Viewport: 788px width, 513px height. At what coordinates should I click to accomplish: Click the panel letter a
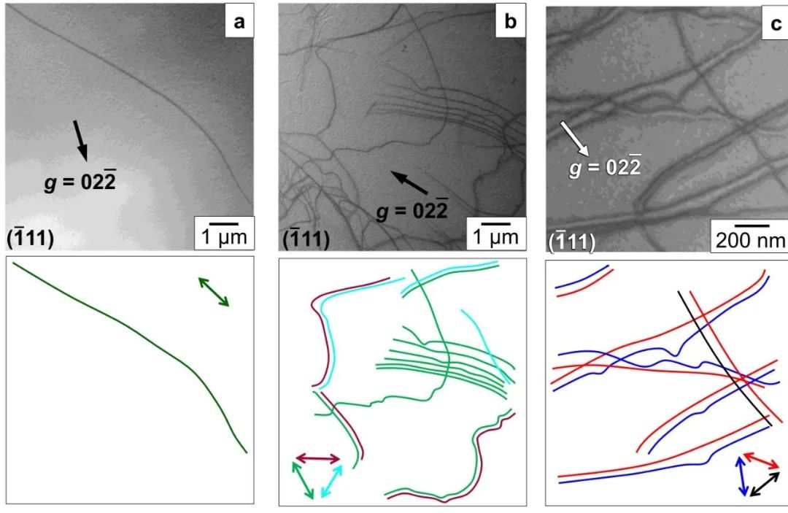click(x=239, y=23)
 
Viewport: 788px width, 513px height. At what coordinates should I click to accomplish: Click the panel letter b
click(x=510, y=23)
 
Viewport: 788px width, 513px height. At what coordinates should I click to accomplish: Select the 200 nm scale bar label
click(x=748, y=241)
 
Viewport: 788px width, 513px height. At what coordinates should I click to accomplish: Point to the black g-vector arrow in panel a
click(x=81, y=139)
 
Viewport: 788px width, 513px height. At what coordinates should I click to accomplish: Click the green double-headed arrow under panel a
click(x=214, y=291)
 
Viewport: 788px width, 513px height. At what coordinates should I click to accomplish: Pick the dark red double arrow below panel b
click(x=317, y=459)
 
